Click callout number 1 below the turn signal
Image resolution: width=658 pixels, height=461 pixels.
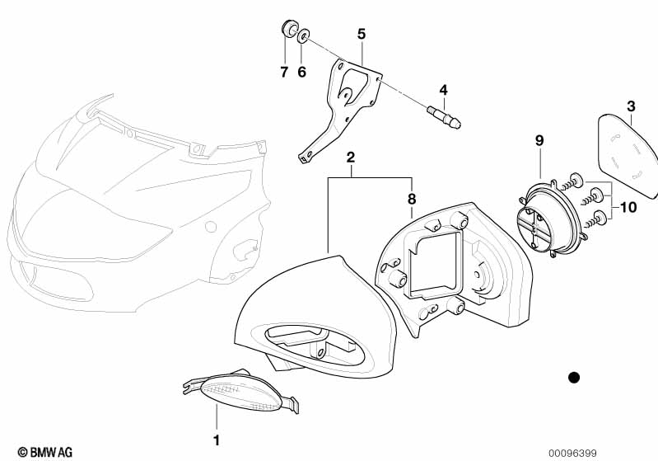[217, 440]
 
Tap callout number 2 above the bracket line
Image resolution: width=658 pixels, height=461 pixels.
[351, 158]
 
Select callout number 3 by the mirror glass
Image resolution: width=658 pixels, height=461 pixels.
[631, 106]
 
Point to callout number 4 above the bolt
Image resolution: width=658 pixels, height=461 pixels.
[444, 90]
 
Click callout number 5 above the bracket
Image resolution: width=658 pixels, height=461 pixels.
[362, 34]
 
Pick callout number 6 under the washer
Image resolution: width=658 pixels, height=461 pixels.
[301, 72]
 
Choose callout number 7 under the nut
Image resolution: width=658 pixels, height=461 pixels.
[284, 72]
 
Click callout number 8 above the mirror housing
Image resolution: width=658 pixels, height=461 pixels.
[412, 199]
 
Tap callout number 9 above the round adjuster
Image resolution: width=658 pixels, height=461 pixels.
[539, 140]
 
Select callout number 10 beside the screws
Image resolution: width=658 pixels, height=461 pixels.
[628, 207]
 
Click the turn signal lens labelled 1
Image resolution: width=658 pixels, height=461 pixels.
[240, 393]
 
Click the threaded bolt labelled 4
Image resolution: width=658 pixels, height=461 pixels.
[444, 117]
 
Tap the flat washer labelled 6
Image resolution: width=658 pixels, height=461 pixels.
[303, 36]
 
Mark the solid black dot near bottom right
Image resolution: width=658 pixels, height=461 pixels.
[574, 378]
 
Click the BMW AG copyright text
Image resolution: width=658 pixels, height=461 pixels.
[45, 452]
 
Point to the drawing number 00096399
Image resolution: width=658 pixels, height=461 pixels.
[572, 453]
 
